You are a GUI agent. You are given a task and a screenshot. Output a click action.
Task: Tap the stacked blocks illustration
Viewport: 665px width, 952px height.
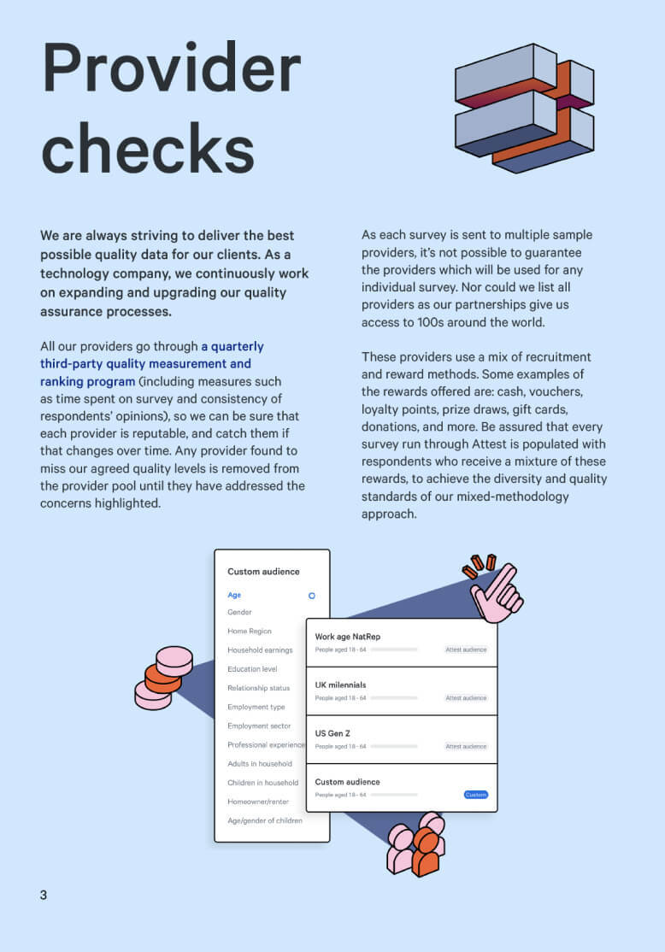(523, 106)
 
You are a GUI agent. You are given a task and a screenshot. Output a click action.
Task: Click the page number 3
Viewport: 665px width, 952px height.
(44, 895)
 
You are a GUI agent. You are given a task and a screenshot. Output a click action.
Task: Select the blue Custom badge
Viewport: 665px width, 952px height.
(476, 795)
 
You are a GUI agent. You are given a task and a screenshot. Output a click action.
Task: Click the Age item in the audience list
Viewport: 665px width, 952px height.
(234, 595)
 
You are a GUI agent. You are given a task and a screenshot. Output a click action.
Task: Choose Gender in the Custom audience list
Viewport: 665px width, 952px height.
(239, 613)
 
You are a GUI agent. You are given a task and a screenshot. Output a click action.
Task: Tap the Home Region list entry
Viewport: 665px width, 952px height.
(250, 632)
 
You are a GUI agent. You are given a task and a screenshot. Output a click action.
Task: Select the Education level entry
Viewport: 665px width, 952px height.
(252, 669)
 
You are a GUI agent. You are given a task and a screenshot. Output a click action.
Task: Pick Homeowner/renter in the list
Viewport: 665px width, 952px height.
(258, 802)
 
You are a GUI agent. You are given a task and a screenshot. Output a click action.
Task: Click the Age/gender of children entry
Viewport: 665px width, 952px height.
(265, 821)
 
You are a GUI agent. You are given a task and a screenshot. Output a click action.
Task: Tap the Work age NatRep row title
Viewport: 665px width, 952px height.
(348, 637)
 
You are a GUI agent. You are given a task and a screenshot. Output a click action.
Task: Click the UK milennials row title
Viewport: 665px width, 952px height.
(340, 685)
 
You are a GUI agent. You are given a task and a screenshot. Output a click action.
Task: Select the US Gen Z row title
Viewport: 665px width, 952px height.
(332, 733)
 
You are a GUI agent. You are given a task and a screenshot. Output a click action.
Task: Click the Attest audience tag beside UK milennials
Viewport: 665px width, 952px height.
(466, 698)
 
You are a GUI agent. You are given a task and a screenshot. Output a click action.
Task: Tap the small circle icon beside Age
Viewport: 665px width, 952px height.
(312, 595)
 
